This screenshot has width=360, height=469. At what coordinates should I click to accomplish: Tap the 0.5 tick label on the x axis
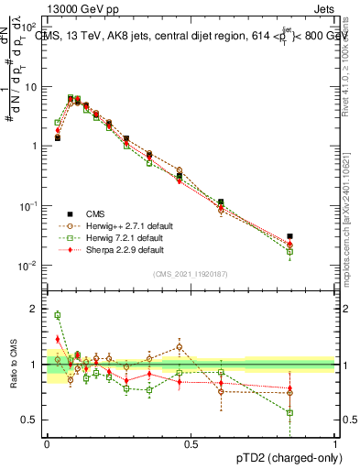tap(191, 444)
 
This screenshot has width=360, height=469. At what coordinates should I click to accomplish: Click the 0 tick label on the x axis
tap(47, 444)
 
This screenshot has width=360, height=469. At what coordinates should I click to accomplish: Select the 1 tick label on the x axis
tap(333, 444)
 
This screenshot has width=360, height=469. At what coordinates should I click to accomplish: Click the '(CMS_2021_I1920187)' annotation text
tap(191, 273)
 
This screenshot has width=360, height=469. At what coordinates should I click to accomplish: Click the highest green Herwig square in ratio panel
tap(58, 315)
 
